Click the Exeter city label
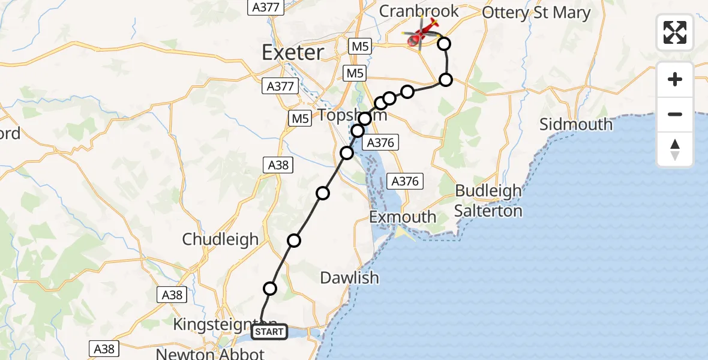pyautogui.click(x=293, y=53)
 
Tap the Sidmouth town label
pyautogui.click(x=575, y=125)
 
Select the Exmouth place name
pyautogui.click(x=403, y=217)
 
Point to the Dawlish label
pyautogui.click(x=349, y=278)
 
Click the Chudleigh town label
pyautogui.click(x=220, y=239)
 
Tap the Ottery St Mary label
pyautogui.click(x=536, y=13)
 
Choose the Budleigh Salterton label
pyautogui.click(x=488, y=201)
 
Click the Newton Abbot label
pyautogui.click(x=210, y=353)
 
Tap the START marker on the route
pyautogui.click(x=269, y=332)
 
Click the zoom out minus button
pyautogui.click(x=675, y=114)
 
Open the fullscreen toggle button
pyautogui.click(x=675, y=32)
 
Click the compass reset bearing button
pyautogui.click(x=675, y=149)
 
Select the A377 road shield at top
pyautogui.click(x=264, y=7)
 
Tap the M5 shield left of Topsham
pyautogui.click(x=299, y=119)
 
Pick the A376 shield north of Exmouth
pyautogui.click(x=405, y=181)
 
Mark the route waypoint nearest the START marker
pyautogui.click(x=270, y=289)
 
